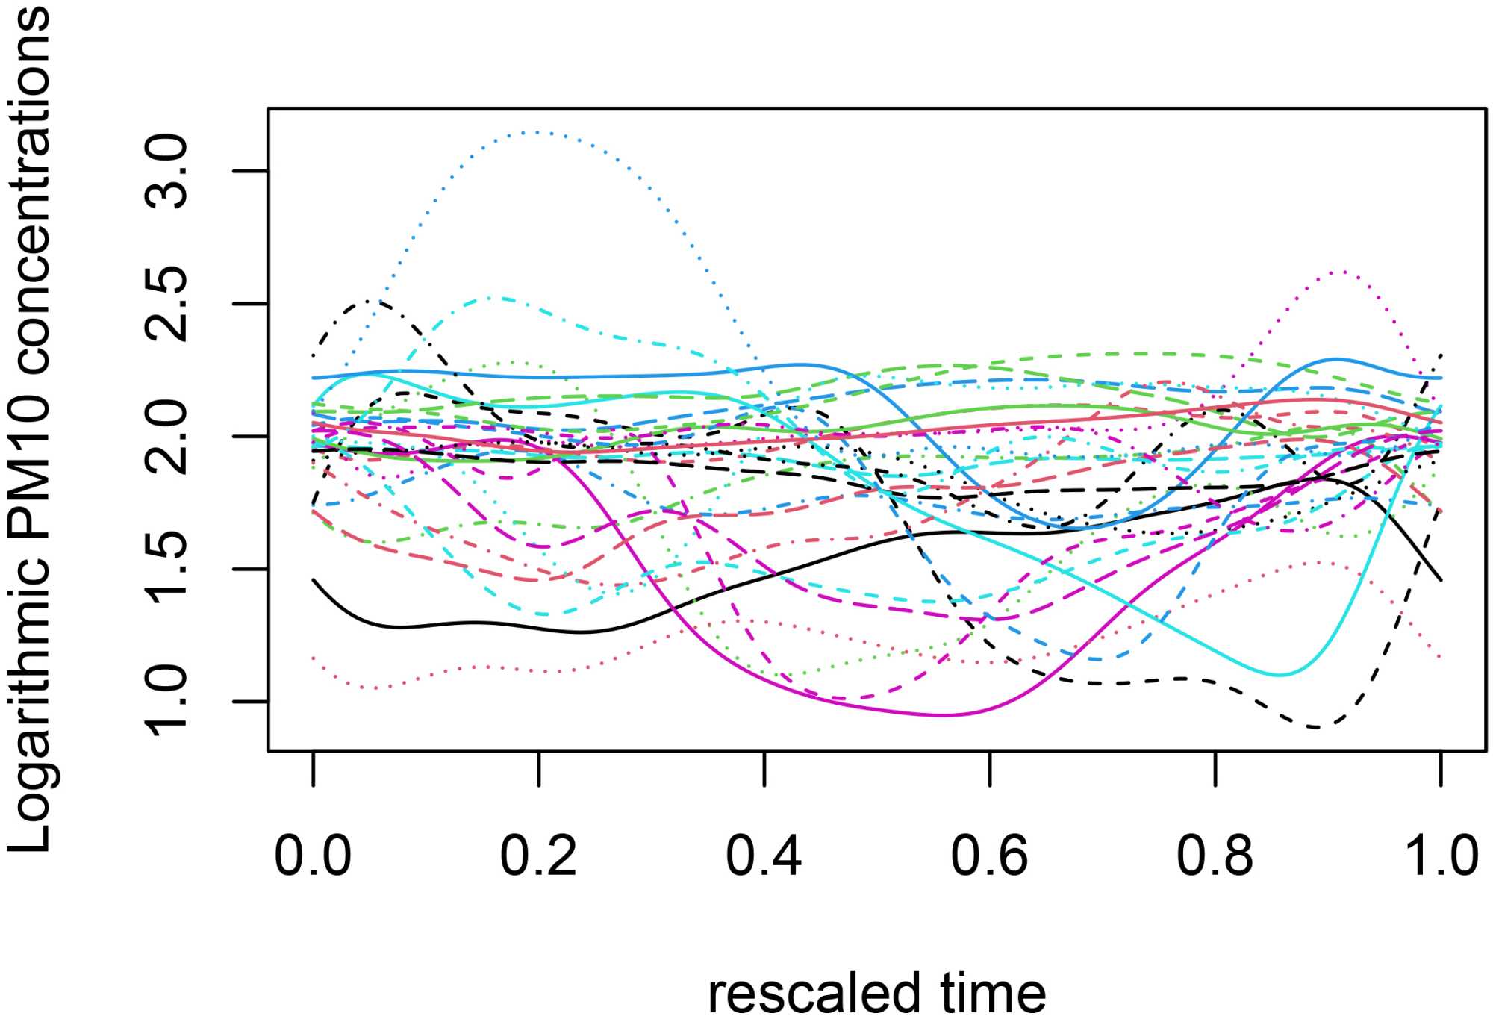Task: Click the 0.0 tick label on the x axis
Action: (x=313, y=856)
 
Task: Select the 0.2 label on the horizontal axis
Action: (x=538, y=856)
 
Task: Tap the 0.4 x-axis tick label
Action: (x=764, y=856)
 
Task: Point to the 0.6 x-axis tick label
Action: (x=989, y=856)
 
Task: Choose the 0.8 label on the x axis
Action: (x=1215, y=856)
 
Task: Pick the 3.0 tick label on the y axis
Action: (x=167, y=172)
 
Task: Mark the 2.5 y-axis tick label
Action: (x=167, y=304)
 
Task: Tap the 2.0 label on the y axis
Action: (x=167, y=437)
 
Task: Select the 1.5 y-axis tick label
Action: (x=167, y=569)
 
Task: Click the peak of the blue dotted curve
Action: (x=537, y=132)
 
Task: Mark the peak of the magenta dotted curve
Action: (x=1341, y=272)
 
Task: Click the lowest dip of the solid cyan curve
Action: (x=1280, y=675)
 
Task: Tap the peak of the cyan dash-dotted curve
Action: (x=493, y=297)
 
